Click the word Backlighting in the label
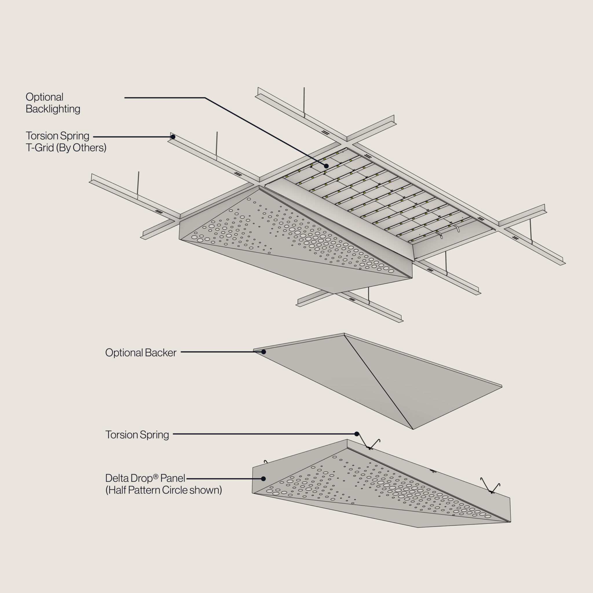53,109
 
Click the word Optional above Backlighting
45,97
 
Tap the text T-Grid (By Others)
66,148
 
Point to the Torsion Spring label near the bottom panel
137,435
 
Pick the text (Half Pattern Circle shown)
164,490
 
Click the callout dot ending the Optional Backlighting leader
326,166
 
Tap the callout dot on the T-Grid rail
173,137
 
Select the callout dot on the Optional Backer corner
263,352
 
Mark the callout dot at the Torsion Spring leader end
357,434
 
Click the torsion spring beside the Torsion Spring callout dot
371,445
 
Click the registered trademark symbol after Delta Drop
156,476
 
